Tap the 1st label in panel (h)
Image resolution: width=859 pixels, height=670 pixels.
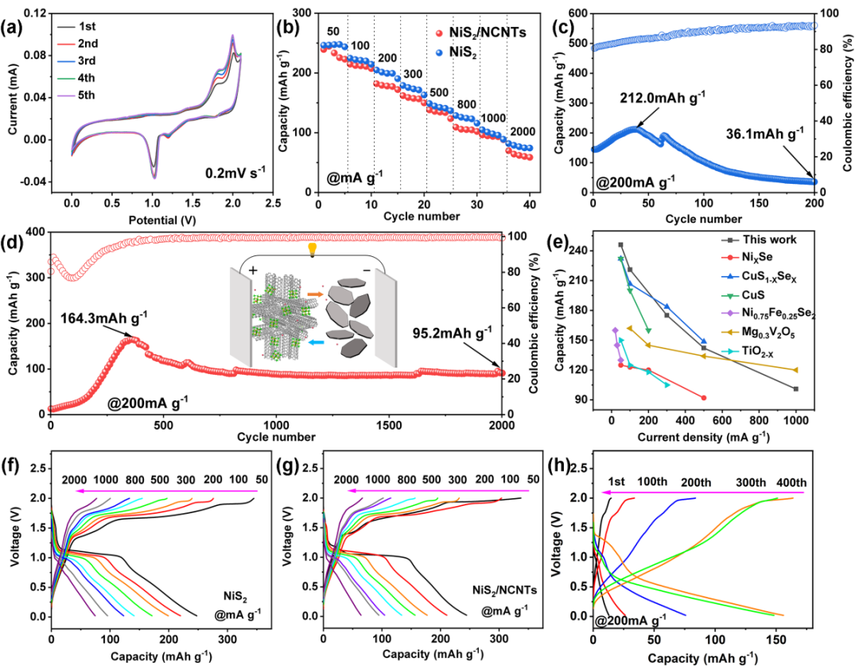click(616, 482)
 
